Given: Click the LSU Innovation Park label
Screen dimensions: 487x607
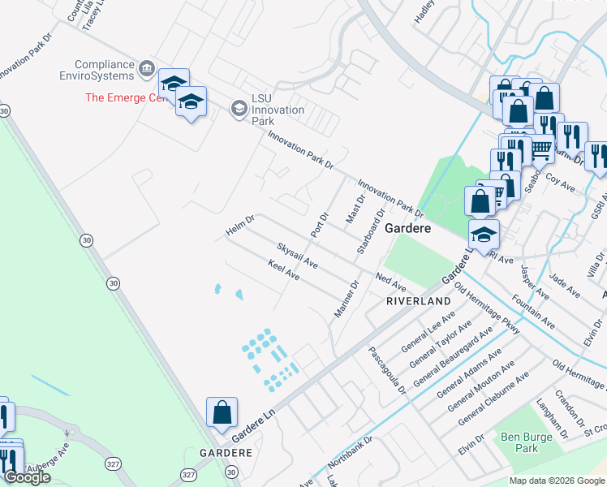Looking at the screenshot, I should click(x=277, y=110).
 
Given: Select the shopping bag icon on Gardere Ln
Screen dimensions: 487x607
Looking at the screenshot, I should click(x=222, y=413).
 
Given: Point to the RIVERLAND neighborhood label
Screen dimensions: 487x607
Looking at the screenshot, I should click(x=418, y=301).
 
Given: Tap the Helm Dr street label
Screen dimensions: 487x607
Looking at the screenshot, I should click(x=240, y=226).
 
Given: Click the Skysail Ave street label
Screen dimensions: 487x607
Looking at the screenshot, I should click(x=296, y=255).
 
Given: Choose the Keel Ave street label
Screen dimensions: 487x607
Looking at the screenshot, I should click(x=284, y=270).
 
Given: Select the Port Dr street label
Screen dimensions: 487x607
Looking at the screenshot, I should click(x=319, y=224).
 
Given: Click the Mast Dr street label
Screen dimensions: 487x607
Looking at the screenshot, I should click(x=356, y=210).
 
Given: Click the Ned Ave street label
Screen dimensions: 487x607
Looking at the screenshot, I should click(x=390, y=282).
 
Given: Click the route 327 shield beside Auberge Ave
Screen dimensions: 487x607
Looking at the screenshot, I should click(x=112, y=463).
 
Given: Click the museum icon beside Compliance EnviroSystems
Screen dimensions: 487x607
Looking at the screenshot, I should click(x=146, y=68).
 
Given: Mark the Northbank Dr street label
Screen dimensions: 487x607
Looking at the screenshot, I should click(x=350, y=454).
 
